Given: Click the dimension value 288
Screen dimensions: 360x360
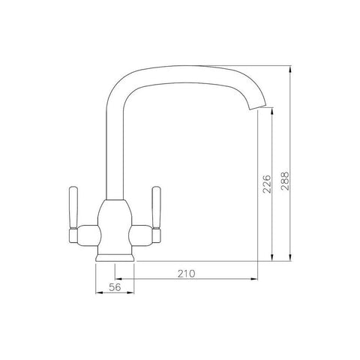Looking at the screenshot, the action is pyautogui.click(x=285, y=181).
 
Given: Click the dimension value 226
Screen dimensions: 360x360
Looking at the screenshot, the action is pyautogui.click(x=267, y=184).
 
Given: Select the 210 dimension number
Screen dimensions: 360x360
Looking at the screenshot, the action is pyautogui.click(x=187, y=274).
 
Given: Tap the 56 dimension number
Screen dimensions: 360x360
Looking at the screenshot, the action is pyautogui.click(x=115, y=287).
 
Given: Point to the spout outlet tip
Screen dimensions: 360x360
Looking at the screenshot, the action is pyautogui.click(x=257, y=107).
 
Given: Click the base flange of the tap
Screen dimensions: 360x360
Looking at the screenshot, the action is pyautogui.click(x=115, y=258).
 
